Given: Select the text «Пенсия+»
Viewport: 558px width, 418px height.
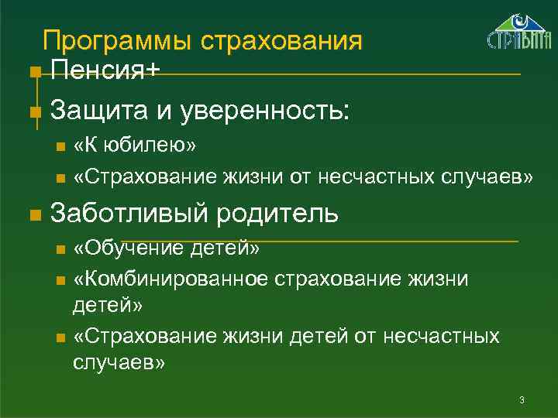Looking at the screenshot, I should pyautogui.click(x=105, y=72).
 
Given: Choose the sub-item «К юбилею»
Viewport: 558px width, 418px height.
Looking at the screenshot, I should pyautogui.click(x=135, y=145).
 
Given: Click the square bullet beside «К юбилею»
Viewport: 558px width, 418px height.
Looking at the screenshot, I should pyautogui.click(x=61, y=146).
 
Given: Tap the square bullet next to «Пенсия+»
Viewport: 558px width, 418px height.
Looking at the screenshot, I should pyautogui.click(x=33, y=73).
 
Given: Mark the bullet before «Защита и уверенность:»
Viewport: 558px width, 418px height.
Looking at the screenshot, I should pyautogui.click(x=33, y=111).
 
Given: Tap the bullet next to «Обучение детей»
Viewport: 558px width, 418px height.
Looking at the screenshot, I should pyautogui.click(x=61, y=249).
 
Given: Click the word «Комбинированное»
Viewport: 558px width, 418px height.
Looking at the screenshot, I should pyautogui.click(x=170, y=277).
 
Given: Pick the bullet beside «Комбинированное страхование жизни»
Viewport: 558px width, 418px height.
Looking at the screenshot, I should pyautogui.click(x=61, y=279).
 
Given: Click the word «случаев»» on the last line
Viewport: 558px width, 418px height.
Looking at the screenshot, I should pyautogui.click(x=119, y=362).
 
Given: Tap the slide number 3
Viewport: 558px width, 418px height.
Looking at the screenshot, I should pyautogui.click(x=522, y=399).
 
